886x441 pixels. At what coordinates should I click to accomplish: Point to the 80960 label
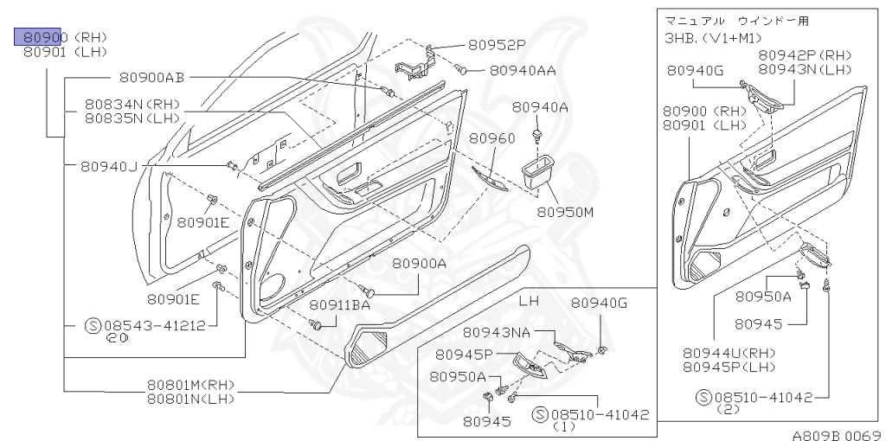492,138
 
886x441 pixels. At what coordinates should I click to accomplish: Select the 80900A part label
419,264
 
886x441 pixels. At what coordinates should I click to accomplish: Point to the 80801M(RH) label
190,385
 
